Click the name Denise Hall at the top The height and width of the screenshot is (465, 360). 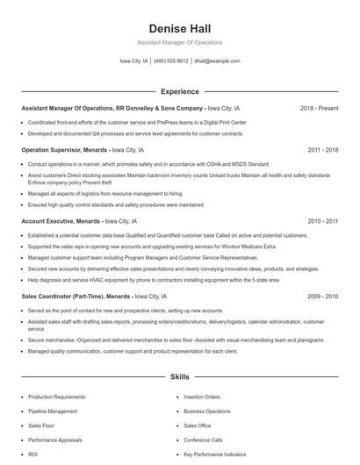(179, 28)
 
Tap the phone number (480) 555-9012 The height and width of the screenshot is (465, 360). (172, 61)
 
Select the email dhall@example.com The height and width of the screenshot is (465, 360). (217, 61)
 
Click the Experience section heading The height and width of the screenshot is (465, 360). (179, 90)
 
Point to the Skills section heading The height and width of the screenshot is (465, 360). (179, 377)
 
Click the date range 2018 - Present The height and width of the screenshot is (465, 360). (319, 108)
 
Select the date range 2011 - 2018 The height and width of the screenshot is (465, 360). (323, 150)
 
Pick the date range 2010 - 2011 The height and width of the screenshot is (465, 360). (323, 222)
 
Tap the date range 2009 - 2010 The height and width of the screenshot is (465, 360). (323, 297)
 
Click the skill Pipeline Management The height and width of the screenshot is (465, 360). (53, 411)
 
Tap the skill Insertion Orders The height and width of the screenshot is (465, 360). (202, 397)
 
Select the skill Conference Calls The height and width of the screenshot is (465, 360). (203, 440)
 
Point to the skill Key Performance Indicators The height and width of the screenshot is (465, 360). (216, 454)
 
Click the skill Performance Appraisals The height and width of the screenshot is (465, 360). (56, 440)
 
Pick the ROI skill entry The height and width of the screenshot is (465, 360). (32, 454)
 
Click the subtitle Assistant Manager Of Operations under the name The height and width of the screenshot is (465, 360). (179, 42)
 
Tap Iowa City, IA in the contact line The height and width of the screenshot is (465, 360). (133, 61)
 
